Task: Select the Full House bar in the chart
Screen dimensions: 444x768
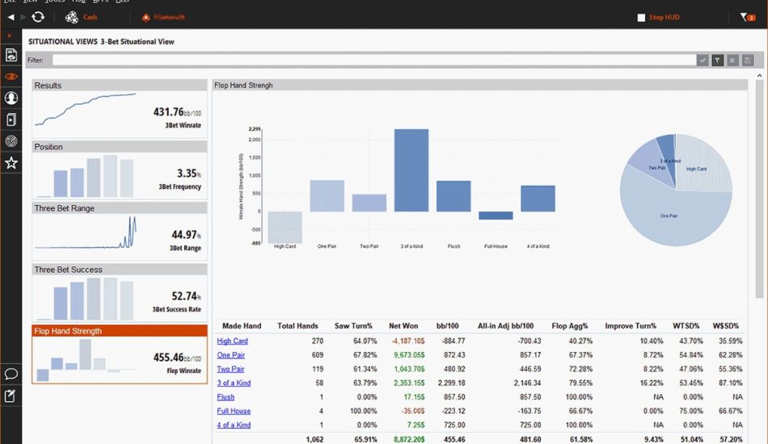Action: click(x=496, y=216)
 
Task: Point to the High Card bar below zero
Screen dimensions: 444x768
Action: click(x=285, y=226)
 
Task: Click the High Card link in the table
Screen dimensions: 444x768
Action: click(x=232, y=341)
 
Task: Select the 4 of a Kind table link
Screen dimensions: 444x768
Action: click(x=234, y=425)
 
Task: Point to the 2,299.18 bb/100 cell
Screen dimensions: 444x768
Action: click(x=449, y=383)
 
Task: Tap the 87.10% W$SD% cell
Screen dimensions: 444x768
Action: click(x=730, y=383)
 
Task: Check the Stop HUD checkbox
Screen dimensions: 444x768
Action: click(x=641, y=17)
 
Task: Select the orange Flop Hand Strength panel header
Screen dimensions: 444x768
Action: click(x=120, y=331)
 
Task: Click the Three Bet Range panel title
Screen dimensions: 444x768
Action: click(x=64, y=208)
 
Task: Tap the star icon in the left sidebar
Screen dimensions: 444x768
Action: click(x=11, y=163)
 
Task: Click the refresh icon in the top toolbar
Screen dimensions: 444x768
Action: click(x=38, y=17)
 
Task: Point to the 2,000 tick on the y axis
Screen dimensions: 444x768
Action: click(x=255, y=140)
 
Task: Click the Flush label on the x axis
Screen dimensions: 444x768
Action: click(x=454, y=246)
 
